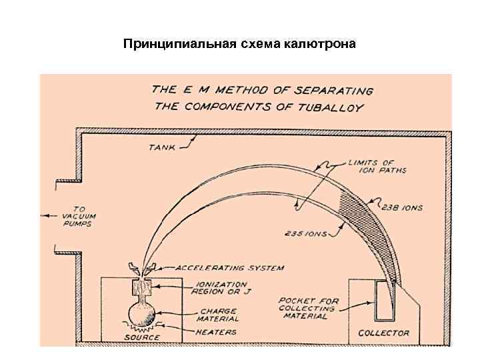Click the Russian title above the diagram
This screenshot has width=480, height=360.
point(240,44)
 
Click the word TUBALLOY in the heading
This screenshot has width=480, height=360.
point(341,107)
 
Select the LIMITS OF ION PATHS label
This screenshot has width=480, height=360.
point(377,166)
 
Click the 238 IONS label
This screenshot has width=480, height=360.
point(401,208)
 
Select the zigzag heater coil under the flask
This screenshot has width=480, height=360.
point(143,329)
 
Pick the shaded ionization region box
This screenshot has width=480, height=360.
point(143,287)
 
